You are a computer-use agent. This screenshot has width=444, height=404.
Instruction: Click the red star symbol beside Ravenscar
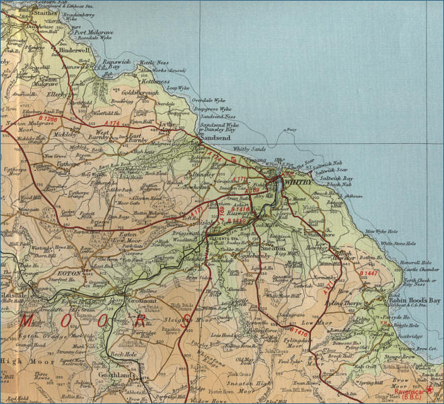pos(431,389)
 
